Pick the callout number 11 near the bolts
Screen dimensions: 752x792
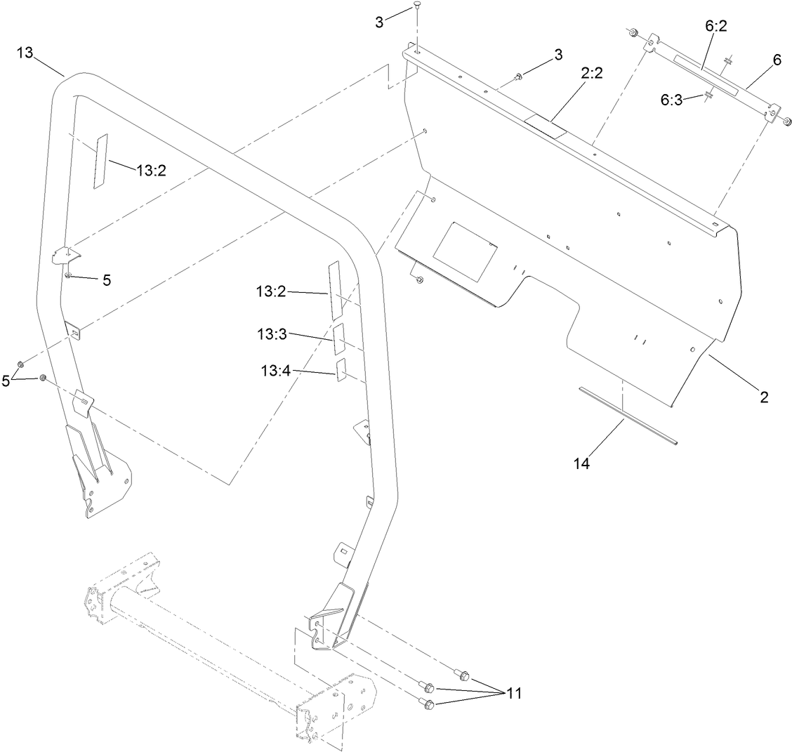pos(515,693)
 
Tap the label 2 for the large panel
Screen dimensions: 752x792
pos(764,397)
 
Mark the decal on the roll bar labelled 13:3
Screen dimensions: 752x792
pos(339,339)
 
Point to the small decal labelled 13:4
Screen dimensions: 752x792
pos(341,370)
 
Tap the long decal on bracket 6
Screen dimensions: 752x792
pos(706,76)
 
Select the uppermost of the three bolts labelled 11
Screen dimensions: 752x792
pos(462,675)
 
